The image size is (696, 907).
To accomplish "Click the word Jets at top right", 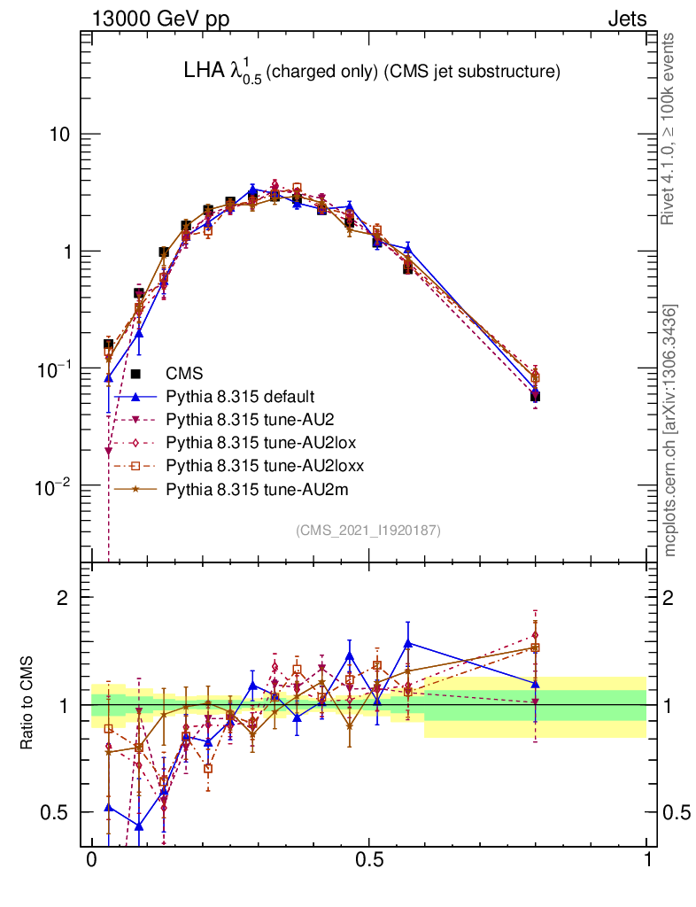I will click(x=626, y=19).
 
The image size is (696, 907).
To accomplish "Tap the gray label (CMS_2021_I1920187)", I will click(x=368, y=530).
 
